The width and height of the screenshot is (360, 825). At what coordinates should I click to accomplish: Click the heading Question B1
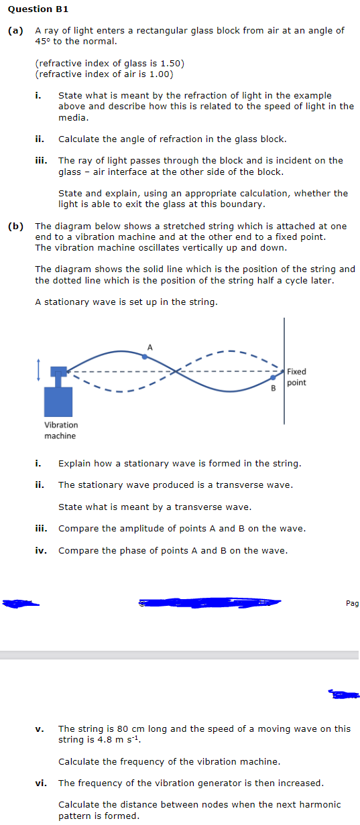point(38,9)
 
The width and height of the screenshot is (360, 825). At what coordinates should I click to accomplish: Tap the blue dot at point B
point(272,378)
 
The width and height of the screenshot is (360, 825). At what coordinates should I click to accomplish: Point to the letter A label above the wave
point(150,346)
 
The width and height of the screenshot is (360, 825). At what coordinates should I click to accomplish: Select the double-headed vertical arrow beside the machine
point(40,369)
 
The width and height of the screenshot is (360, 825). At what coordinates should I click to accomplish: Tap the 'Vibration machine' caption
point(61,430)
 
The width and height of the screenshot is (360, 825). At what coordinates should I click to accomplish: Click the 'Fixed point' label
point(296,377)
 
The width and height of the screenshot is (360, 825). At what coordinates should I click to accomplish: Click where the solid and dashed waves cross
point(177,371)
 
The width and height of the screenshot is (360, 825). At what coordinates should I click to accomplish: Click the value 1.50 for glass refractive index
point(169,63)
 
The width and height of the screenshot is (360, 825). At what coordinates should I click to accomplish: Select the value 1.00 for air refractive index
point(158,74)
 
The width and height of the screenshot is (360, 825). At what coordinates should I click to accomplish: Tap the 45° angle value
point(42,41)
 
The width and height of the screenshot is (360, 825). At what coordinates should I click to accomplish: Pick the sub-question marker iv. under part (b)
point(40,550)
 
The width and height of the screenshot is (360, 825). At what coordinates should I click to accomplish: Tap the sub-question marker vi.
point(40,783)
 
